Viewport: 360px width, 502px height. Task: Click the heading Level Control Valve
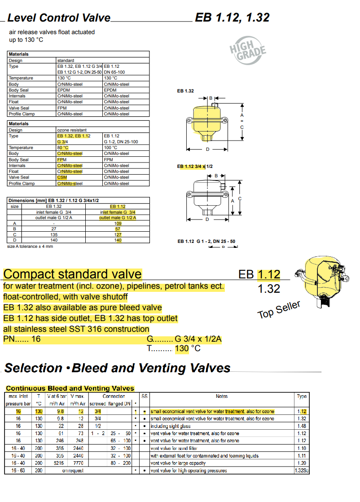pos(59,18)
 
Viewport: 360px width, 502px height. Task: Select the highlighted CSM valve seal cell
pos(62,177)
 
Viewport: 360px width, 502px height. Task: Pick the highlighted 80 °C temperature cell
pos(62,148)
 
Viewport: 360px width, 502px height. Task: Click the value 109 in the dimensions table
pos(118,223)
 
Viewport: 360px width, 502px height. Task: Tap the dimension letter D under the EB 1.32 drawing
pos(207,149)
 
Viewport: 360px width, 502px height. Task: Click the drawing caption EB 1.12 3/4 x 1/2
pos(195,167)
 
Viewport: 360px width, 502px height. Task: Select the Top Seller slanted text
pos(279,309)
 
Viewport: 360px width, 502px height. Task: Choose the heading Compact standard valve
pos(72,274)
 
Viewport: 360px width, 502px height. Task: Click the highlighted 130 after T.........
pos(182,348)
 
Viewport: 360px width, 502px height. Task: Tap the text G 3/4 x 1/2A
pos(201,339)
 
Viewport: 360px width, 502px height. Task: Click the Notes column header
pos(221,396)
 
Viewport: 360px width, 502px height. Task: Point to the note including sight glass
pos(171,426)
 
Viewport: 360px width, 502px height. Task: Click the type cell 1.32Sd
pos(302,471)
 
